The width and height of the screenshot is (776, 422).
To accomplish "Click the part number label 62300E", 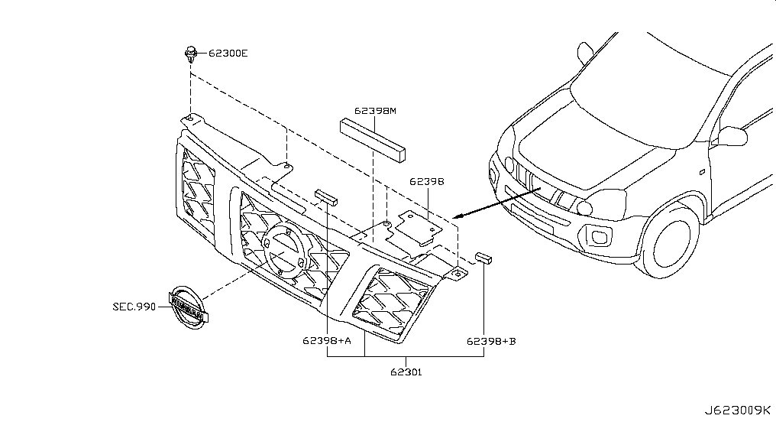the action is point(228,53).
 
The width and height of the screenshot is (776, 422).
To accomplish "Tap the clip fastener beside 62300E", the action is point(191,54).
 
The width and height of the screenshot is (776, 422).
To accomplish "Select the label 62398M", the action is point(375,111).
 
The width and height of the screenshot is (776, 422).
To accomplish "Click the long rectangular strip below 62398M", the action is point(373,140).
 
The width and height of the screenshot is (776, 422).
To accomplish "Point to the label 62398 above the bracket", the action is point(427,182).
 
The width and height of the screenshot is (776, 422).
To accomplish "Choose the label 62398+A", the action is point(327,341).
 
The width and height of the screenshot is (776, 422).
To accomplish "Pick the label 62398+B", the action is point(491,341).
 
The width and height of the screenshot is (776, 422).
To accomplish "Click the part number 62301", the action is point(406,372).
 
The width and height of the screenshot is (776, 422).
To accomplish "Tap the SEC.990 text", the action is point(134,307).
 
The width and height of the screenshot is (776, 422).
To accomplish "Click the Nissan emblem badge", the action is point(186,307).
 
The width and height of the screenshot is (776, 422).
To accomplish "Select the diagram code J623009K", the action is point(737,411).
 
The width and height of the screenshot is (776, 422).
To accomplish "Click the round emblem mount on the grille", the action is point(285,250).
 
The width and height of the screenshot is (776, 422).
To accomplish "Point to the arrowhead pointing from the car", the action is point(458,216).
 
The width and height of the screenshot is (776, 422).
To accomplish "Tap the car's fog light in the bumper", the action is point(600,237).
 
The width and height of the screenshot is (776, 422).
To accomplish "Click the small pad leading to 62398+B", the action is point(483,258).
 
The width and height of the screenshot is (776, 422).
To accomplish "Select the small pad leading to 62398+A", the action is point(325,197).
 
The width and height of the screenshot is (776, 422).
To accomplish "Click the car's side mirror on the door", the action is point(732,136).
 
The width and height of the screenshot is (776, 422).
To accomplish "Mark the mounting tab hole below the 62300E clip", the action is point(189,118).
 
